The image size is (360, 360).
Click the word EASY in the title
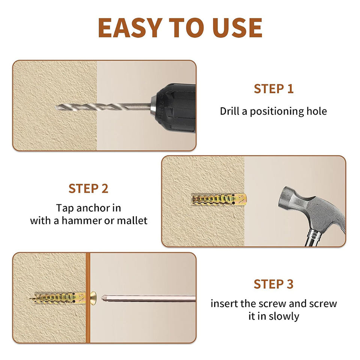[130, 27]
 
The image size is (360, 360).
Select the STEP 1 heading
[274, 88]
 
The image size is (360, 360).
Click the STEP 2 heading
[88, 189]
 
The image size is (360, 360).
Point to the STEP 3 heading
[274, 284]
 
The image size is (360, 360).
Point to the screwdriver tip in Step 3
[102, 298]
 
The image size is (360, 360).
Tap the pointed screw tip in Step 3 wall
[30, 299]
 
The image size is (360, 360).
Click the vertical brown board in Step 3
[88, 298]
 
